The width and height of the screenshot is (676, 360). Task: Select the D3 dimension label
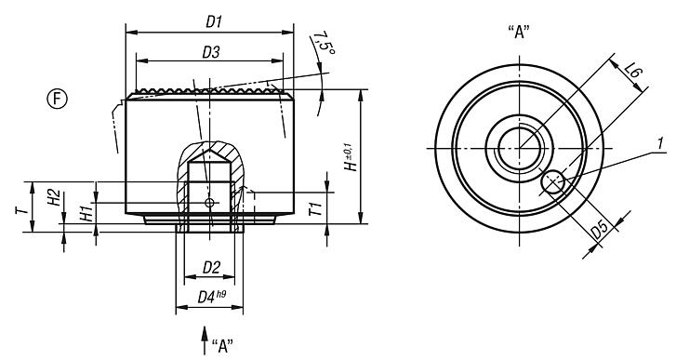tap(211, 53)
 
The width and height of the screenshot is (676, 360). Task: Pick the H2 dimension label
tap(54, 197)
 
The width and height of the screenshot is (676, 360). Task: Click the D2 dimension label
tap(211, 268)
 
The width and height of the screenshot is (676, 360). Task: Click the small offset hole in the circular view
tap(554, 183)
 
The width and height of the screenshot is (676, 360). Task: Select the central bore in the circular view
tap(521, 147)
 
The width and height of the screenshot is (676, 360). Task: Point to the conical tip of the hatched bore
tap(210, 150)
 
